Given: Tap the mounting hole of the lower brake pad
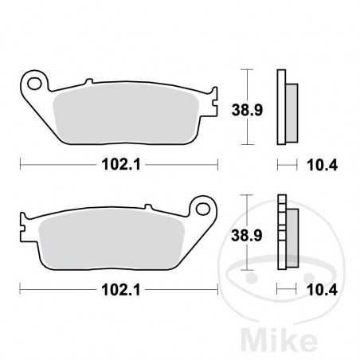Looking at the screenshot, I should [202, 210].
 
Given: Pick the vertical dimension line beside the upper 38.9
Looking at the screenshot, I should [249, 107].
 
